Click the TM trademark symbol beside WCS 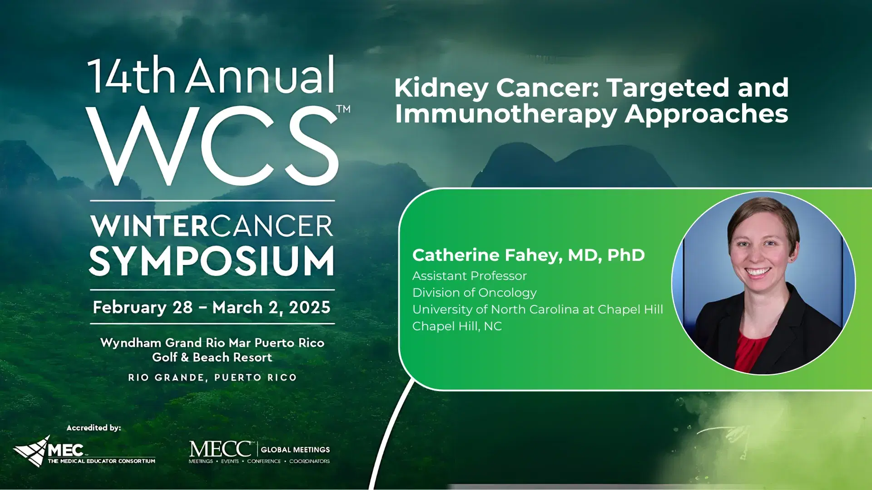[343, 109]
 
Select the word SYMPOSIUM [212, 261]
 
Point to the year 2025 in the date [309, 308]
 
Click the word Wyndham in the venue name [131, 343]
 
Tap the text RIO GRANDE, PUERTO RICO [212, 377]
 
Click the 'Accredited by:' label [94, 428]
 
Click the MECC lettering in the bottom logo [220, 449]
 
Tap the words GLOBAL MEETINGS [295, 450]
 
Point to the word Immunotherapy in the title [505, 114]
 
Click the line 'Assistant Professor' [469, 276]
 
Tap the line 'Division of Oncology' [474, 293]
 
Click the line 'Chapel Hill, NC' [457, 326]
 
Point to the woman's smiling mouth [757, 273]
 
